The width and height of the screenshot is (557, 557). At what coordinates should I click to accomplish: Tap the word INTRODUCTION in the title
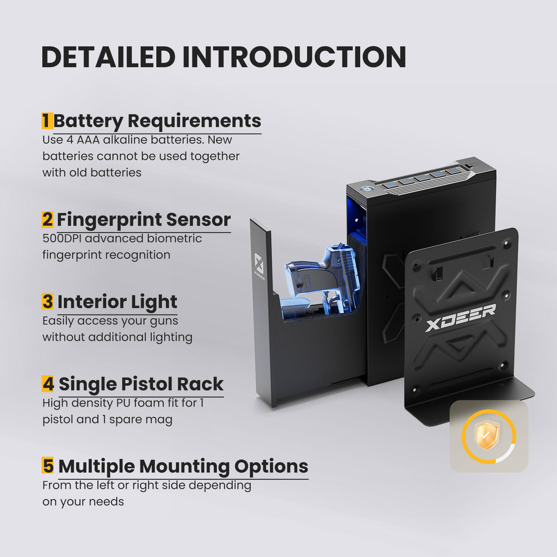tap(294, 57)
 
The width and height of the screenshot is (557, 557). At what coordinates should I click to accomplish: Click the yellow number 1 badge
tap(47, 121)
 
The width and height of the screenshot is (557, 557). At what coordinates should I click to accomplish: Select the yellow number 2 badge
tap(48, 219)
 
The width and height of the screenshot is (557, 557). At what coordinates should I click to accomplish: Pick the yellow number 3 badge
tap(48, 301)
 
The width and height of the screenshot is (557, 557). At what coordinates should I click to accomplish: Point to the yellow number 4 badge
tap(48, 383)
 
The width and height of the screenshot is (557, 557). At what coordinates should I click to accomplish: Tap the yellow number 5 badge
tap(48, 466)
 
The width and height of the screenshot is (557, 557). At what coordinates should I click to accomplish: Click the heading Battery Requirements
tap(157, 121)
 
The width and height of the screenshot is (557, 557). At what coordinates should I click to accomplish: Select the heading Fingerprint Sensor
tap(144, 220)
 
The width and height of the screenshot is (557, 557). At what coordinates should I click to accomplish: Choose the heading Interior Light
tap(117, 302)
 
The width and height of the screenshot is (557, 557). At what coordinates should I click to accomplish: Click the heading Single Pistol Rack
tap(141, 384)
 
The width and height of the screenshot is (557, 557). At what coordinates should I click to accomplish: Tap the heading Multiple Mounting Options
tap(183, 467)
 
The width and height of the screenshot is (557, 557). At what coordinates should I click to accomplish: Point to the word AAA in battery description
tap(88, 140)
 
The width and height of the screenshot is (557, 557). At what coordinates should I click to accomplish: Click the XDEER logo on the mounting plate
tap(460, 317)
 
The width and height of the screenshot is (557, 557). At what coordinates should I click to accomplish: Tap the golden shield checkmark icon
tap(488, 436)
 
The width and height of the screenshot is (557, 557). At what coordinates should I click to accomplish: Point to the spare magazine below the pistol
tap(295, 308)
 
